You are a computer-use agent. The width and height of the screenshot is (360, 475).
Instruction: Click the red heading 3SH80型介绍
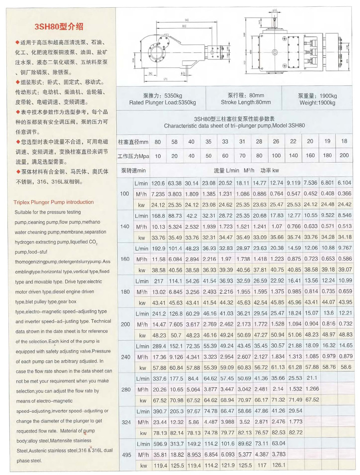pos(59,27)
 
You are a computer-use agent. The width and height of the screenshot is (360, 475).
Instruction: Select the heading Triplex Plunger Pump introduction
pos(54,202)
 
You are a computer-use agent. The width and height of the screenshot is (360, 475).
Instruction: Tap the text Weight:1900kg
pos(317,103)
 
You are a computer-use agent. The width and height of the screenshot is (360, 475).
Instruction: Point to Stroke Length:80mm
pos(245,103)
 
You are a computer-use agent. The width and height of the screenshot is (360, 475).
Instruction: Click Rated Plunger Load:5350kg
pos(162,103)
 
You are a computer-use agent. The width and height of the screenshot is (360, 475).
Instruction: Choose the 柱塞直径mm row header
pos(133,142)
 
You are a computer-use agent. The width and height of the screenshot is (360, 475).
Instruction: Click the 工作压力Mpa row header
pos(133,156)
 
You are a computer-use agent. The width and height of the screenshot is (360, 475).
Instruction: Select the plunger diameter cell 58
pos(174,142)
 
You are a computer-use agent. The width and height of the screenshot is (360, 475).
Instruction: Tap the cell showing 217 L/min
pos(158,281)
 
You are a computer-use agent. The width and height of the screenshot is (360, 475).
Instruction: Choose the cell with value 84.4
pos(191,378)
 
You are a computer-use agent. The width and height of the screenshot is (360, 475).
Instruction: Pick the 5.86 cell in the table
pos(191,423)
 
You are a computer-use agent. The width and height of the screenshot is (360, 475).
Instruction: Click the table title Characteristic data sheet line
pos(234,126)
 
